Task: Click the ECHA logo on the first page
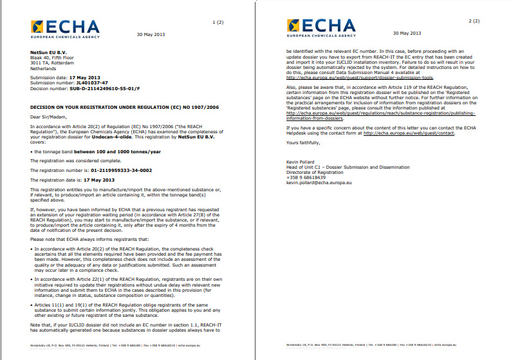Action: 64,29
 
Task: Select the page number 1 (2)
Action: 218,23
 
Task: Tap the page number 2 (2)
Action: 474,21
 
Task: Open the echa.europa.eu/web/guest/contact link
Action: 409,133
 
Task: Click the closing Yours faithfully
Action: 302,142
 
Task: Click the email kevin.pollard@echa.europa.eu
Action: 319,183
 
